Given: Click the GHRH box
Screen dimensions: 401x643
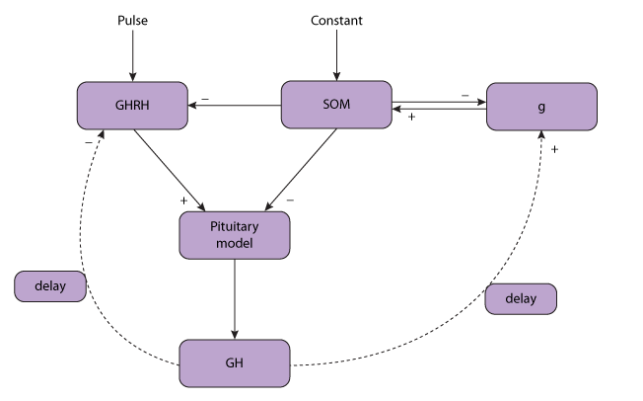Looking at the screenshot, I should pos(132,106).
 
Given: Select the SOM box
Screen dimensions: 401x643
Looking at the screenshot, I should pos(336,105).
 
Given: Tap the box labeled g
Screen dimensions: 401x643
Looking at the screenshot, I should pos(541,107).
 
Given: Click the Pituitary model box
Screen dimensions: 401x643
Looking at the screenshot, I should pos(235,235).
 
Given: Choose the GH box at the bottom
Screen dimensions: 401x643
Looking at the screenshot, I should pos(235,363).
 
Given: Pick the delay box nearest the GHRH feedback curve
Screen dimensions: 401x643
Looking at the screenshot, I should pos(50,286).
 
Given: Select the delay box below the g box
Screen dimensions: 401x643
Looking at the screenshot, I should pos(521,298).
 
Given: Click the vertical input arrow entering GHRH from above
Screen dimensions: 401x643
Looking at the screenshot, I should pos(132,54).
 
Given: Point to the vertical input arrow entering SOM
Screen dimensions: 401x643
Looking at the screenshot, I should pos(336,54).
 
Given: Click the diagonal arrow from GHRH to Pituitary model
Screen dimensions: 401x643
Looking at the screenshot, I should pos(170,169).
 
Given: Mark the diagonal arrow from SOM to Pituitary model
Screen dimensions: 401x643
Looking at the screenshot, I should pos(302,169).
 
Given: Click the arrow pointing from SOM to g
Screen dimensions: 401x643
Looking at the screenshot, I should pos(439,100).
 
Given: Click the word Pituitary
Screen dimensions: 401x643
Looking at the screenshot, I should pos(235,227).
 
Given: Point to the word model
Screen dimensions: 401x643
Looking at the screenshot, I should pos(235,243).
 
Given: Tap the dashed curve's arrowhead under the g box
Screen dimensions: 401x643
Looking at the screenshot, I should pos(540,135).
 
